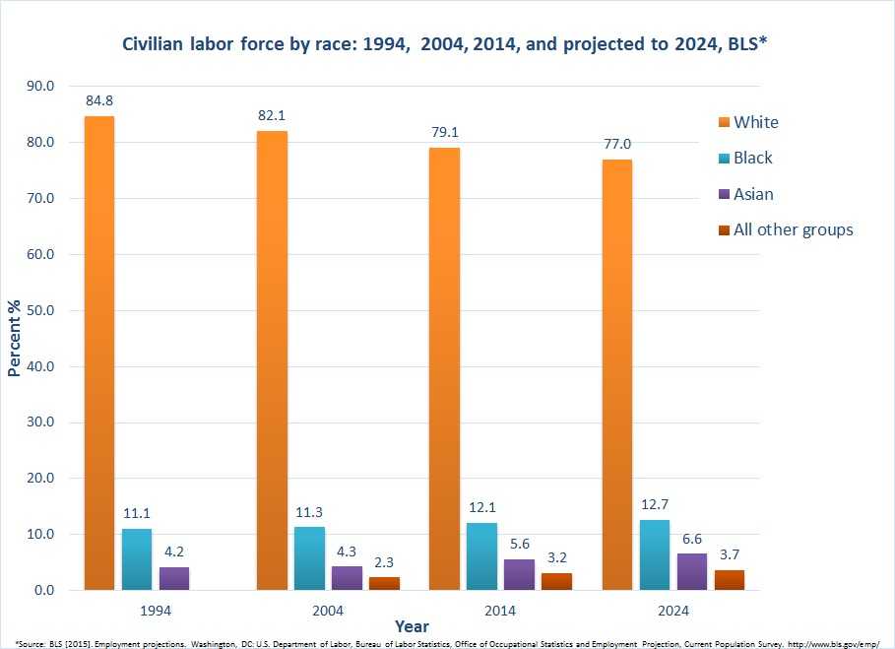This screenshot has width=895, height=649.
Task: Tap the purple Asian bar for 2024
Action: coord(692,572)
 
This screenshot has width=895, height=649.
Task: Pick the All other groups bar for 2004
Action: coord(384,583)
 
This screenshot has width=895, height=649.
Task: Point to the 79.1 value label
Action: coord(444,130)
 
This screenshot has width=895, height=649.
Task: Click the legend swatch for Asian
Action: coord(724,194)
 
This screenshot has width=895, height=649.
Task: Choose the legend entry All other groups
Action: coord(793,229)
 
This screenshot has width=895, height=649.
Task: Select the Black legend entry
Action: coord(752,158)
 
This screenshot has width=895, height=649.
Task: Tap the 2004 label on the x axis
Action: coord(328,611)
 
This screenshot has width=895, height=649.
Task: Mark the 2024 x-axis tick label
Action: coord(673,611)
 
